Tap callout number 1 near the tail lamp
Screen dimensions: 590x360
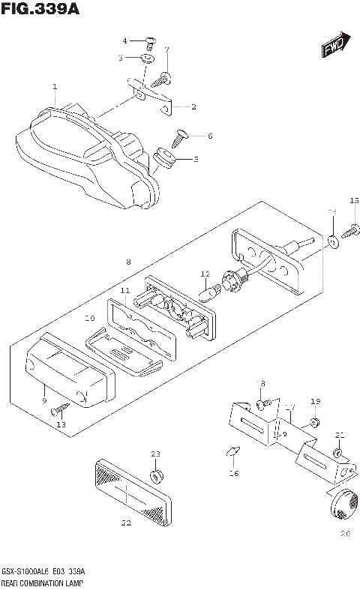(x=55, y=88)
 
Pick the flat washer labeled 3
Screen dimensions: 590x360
(x=149, y=57)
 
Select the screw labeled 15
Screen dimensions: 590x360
(x=350, y=234)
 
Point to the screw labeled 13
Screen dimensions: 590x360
(x=60, y=409)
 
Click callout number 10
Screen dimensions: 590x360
(x=89, y=317)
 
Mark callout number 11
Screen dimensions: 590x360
(x=124, y=289)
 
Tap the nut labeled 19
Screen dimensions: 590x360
(x=315, y=424)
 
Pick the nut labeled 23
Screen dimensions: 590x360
(x=156, y=476)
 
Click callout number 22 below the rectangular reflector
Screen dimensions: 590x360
(x=125, y=523)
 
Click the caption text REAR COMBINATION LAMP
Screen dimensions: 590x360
(x=44, y=582)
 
